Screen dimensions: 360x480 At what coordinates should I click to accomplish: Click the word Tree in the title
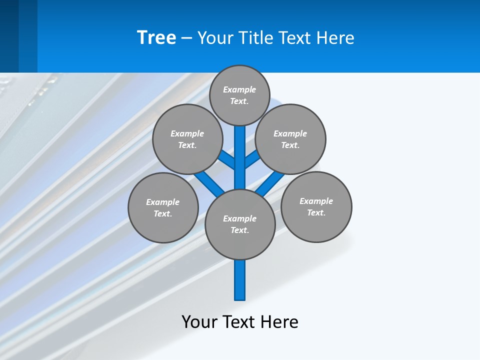(x=156, y=38)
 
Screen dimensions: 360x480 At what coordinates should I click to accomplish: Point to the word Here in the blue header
(x=335, y=38)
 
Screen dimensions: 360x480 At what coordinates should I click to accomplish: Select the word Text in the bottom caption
(x=239, y=322)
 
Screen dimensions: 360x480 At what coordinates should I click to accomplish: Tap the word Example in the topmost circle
(x=239, y=90)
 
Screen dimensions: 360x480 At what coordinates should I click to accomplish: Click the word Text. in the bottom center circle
(x=240, y=230)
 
